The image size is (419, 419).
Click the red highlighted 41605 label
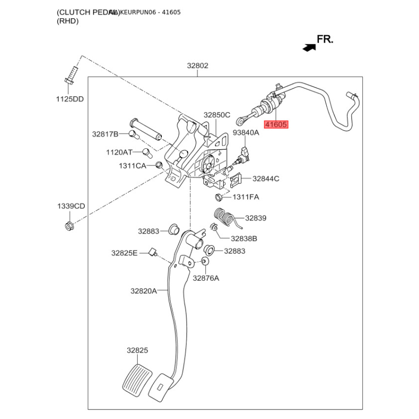point(276,125)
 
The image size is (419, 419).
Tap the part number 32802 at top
point(198,66)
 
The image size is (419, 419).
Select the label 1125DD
point(70,99)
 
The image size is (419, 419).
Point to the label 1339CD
point(71,206)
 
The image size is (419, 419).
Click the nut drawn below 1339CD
point(68,226)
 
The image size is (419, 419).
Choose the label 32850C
point(217,115)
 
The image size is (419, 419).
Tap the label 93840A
point(246,133)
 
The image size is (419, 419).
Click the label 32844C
point(266,179)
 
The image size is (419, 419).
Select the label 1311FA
point(246,197)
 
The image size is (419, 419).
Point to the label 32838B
point(244,238)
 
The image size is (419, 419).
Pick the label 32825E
point(124,253)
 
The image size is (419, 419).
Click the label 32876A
point(206,278)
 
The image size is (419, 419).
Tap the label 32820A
point(144,291)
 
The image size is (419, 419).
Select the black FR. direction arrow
point(308,47)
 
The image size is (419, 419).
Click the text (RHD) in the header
point(68,21)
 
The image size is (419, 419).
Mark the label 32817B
point(105,134)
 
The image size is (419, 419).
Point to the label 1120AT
point(119,152)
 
